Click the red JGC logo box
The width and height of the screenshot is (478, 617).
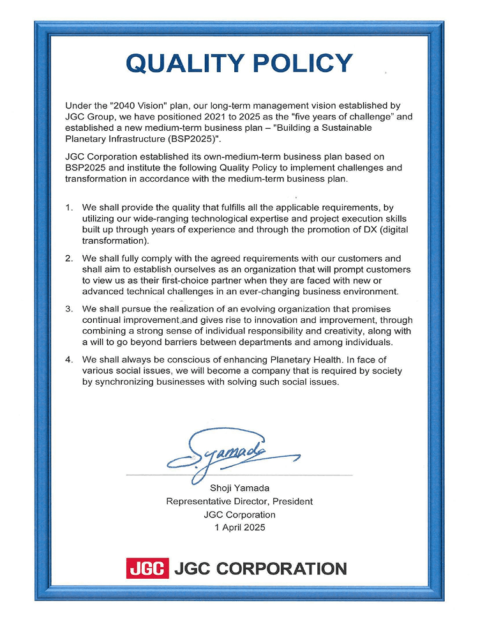(147, 568)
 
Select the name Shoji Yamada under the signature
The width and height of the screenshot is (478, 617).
(239, 489)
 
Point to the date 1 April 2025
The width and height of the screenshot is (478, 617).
(239, 527)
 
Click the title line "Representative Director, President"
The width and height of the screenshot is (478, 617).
(239, 502)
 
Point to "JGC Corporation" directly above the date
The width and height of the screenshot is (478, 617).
(239, 514)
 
